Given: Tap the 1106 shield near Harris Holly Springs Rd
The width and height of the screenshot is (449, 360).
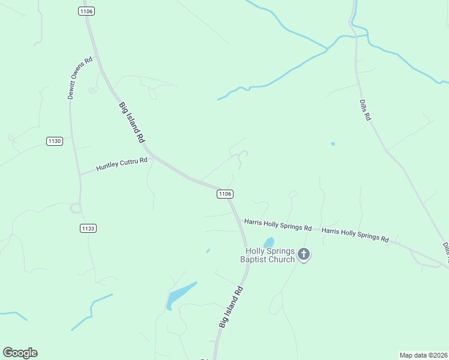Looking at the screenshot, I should click(224, 194).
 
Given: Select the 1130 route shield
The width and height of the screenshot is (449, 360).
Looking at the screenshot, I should click(55, 141).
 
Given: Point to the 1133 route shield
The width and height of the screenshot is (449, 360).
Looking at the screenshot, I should click(88, 229).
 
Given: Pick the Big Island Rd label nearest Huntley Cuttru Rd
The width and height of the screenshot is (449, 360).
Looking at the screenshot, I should click(132, 122).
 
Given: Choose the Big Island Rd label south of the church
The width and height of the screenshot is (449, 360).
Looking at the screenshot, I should click(231, 307).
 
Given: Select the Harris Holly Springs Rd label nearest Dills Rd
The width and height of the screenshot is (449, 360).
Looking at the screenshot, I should click(355, 235).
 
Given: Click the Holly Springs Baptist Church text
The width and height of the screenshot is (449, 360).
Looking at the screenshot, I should click(268, 255).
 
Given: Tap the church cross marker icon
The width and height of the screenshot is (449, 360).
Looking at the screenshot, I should click(304, 255).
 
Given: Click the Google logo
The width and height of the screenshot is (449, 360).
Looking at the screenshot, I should click(20, 353).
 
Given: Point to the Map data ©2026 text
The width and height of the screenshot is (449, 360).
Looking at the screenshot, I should click(424, 355).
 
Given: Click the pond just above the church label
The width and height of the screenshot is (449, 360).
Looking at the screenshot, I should click(269, 242).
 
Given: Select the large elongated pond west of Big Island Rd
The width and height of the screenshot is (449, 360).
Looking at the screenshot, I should click(180, 295).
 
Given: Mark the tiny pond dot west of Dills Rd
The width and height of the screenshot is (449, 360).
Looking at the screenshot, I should click(333, 144).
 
